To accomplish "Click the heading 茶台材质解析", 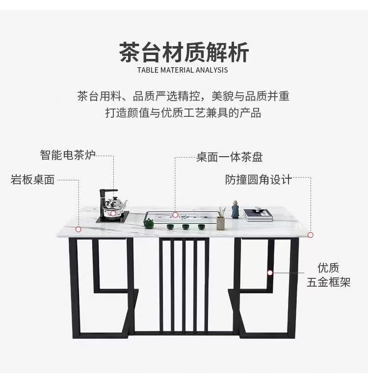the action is [184, 52].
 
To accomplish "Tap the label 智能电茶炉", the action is [68, 155].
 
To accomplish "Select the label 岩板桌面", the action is [32, 180].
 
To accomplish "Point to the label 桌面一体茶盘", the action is [230, 157].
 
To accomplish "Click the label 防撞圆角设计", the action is [258, 180].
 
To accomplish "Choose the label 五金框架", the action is [329, 282].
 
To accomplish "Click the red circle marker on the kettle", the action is [113, 214].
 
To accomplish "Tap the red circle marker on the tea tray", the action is [175, 215].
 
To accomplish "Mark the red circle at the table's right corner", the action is [310, 235].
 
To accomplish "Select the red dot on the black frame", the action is [270, 273].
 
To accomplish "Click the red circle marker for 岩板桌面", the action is [78, 229].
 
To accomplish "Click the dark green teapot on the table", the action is [149, 223].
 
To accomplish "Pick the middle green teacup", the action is [186, 227].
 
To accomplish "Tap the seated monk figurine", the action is [235, 209].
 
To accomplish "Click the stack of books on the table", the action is [258, 215].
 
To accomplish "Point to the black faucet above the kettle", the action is [106, 197].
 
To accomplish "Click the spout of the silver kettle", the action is [125, 204].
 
